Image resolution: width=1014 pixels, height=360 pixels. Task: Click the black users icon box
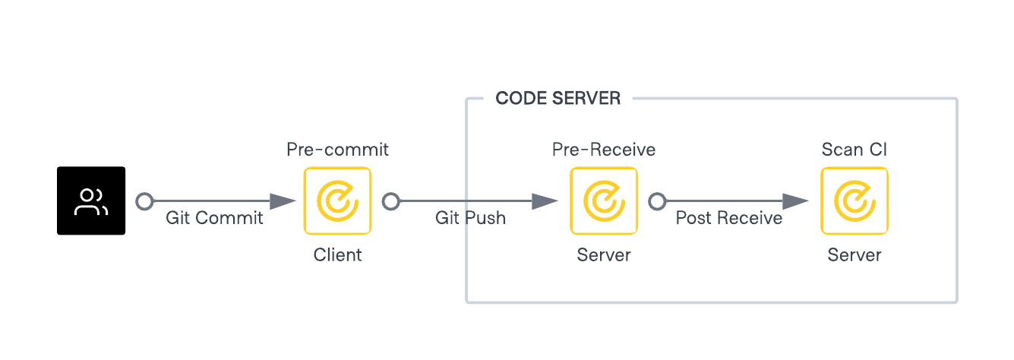[91, 201]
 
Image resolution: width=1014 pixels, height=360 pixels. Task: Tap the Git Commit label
[214, 218]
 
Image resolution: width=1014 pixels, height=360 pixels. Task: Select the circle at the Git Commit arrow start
[144, 201]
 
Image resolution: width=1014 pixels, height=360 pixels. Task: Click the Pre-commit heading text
[337, 150]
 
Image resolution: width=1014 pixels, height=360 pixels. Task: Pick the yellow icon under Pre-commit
[337, 201]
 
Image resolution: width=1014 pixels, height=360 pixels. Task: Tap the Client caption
[337, 255]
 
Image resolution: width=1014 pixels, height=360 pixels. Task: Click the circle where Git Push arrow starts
[390, 201]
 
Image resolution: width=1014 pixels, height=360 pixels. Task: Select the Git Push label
[470, 218]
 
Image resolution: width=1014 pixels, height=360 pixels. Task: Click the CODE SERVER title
[558, 99]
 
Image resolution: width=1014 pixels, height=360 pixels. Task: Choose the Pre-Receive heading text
[603, 150]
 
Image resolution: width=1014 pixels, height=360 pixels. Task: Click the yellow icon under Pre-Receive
[603, 201]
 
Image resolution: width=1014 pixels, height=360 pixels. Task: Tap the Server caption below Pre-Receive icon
[603, 255]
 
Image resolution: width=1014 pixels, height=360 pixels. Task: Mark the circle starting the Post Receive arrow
[657, 201]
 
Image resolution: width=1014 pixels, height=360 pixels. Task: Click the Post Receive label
[729, 218]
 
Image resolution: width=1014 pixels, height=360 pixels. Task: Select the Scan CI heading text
[854, 150]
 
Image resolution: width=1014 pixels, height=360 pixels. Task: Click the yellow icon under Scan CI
[854, 201]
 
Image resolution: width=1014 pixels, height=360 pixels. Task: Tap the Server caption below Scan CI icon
[854, 255]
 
